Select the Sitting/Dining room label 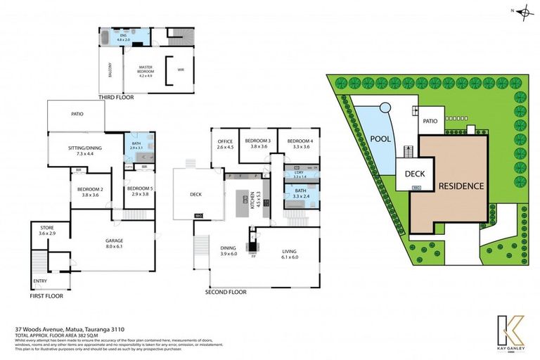tap(84, 151)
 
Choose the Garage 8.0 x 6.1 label tap(114, 244)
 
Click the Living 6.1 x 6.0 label tap(290, 255)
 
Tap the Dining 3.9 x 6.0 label tap(229, 250)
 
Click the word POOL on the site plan tap(380, 139)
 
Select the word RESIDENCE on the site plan tap(461, 186)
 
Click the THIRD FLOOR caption tap(117, 97)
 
